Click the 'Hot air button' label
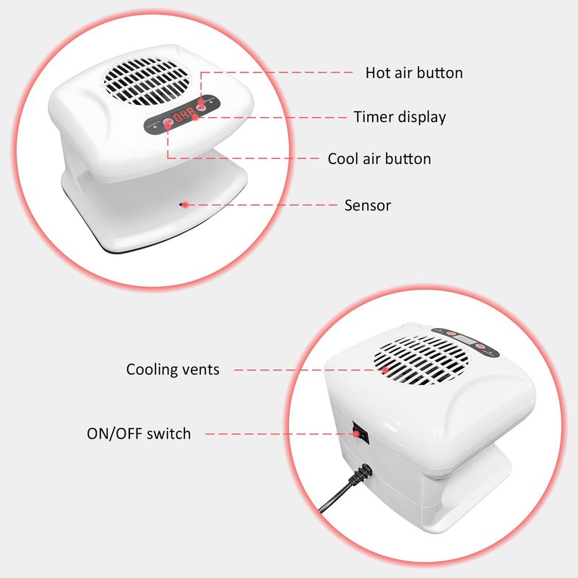pyautogui.click(x=414, y=73)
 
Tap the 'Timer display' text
pyautogui.click(x=400, y=117)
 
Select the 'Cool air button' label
pyautogui.click(x=379, y=159)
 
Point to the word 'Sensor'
pyautogui.click(x=368, y=205)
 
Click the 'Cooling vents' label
pyautogui.click(x=173, y=369)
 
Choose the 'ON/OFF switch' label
pyautogui.click(x=139, y=433)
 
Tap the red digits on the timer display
pyautogui.click(x=184, y=115)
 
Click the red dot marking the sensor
pyautogui.click(x=186, y=205)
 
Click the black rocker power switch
pyautogui.click(x=360, y=432)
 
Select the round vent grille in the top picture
pyautogui.click(x=147, y=81)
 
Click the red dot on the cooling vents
pyautogui.click(x=385, y=370)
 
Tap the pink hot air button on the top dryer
pyautogui.click(x=201, y=108)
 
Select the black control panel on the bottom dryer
pyautogui.click(x=465, y=341)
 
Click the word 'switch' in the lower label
pyautogui.click(x=169, y=433)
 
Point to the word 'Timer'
pyautogui.click(x=374, y=117)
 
